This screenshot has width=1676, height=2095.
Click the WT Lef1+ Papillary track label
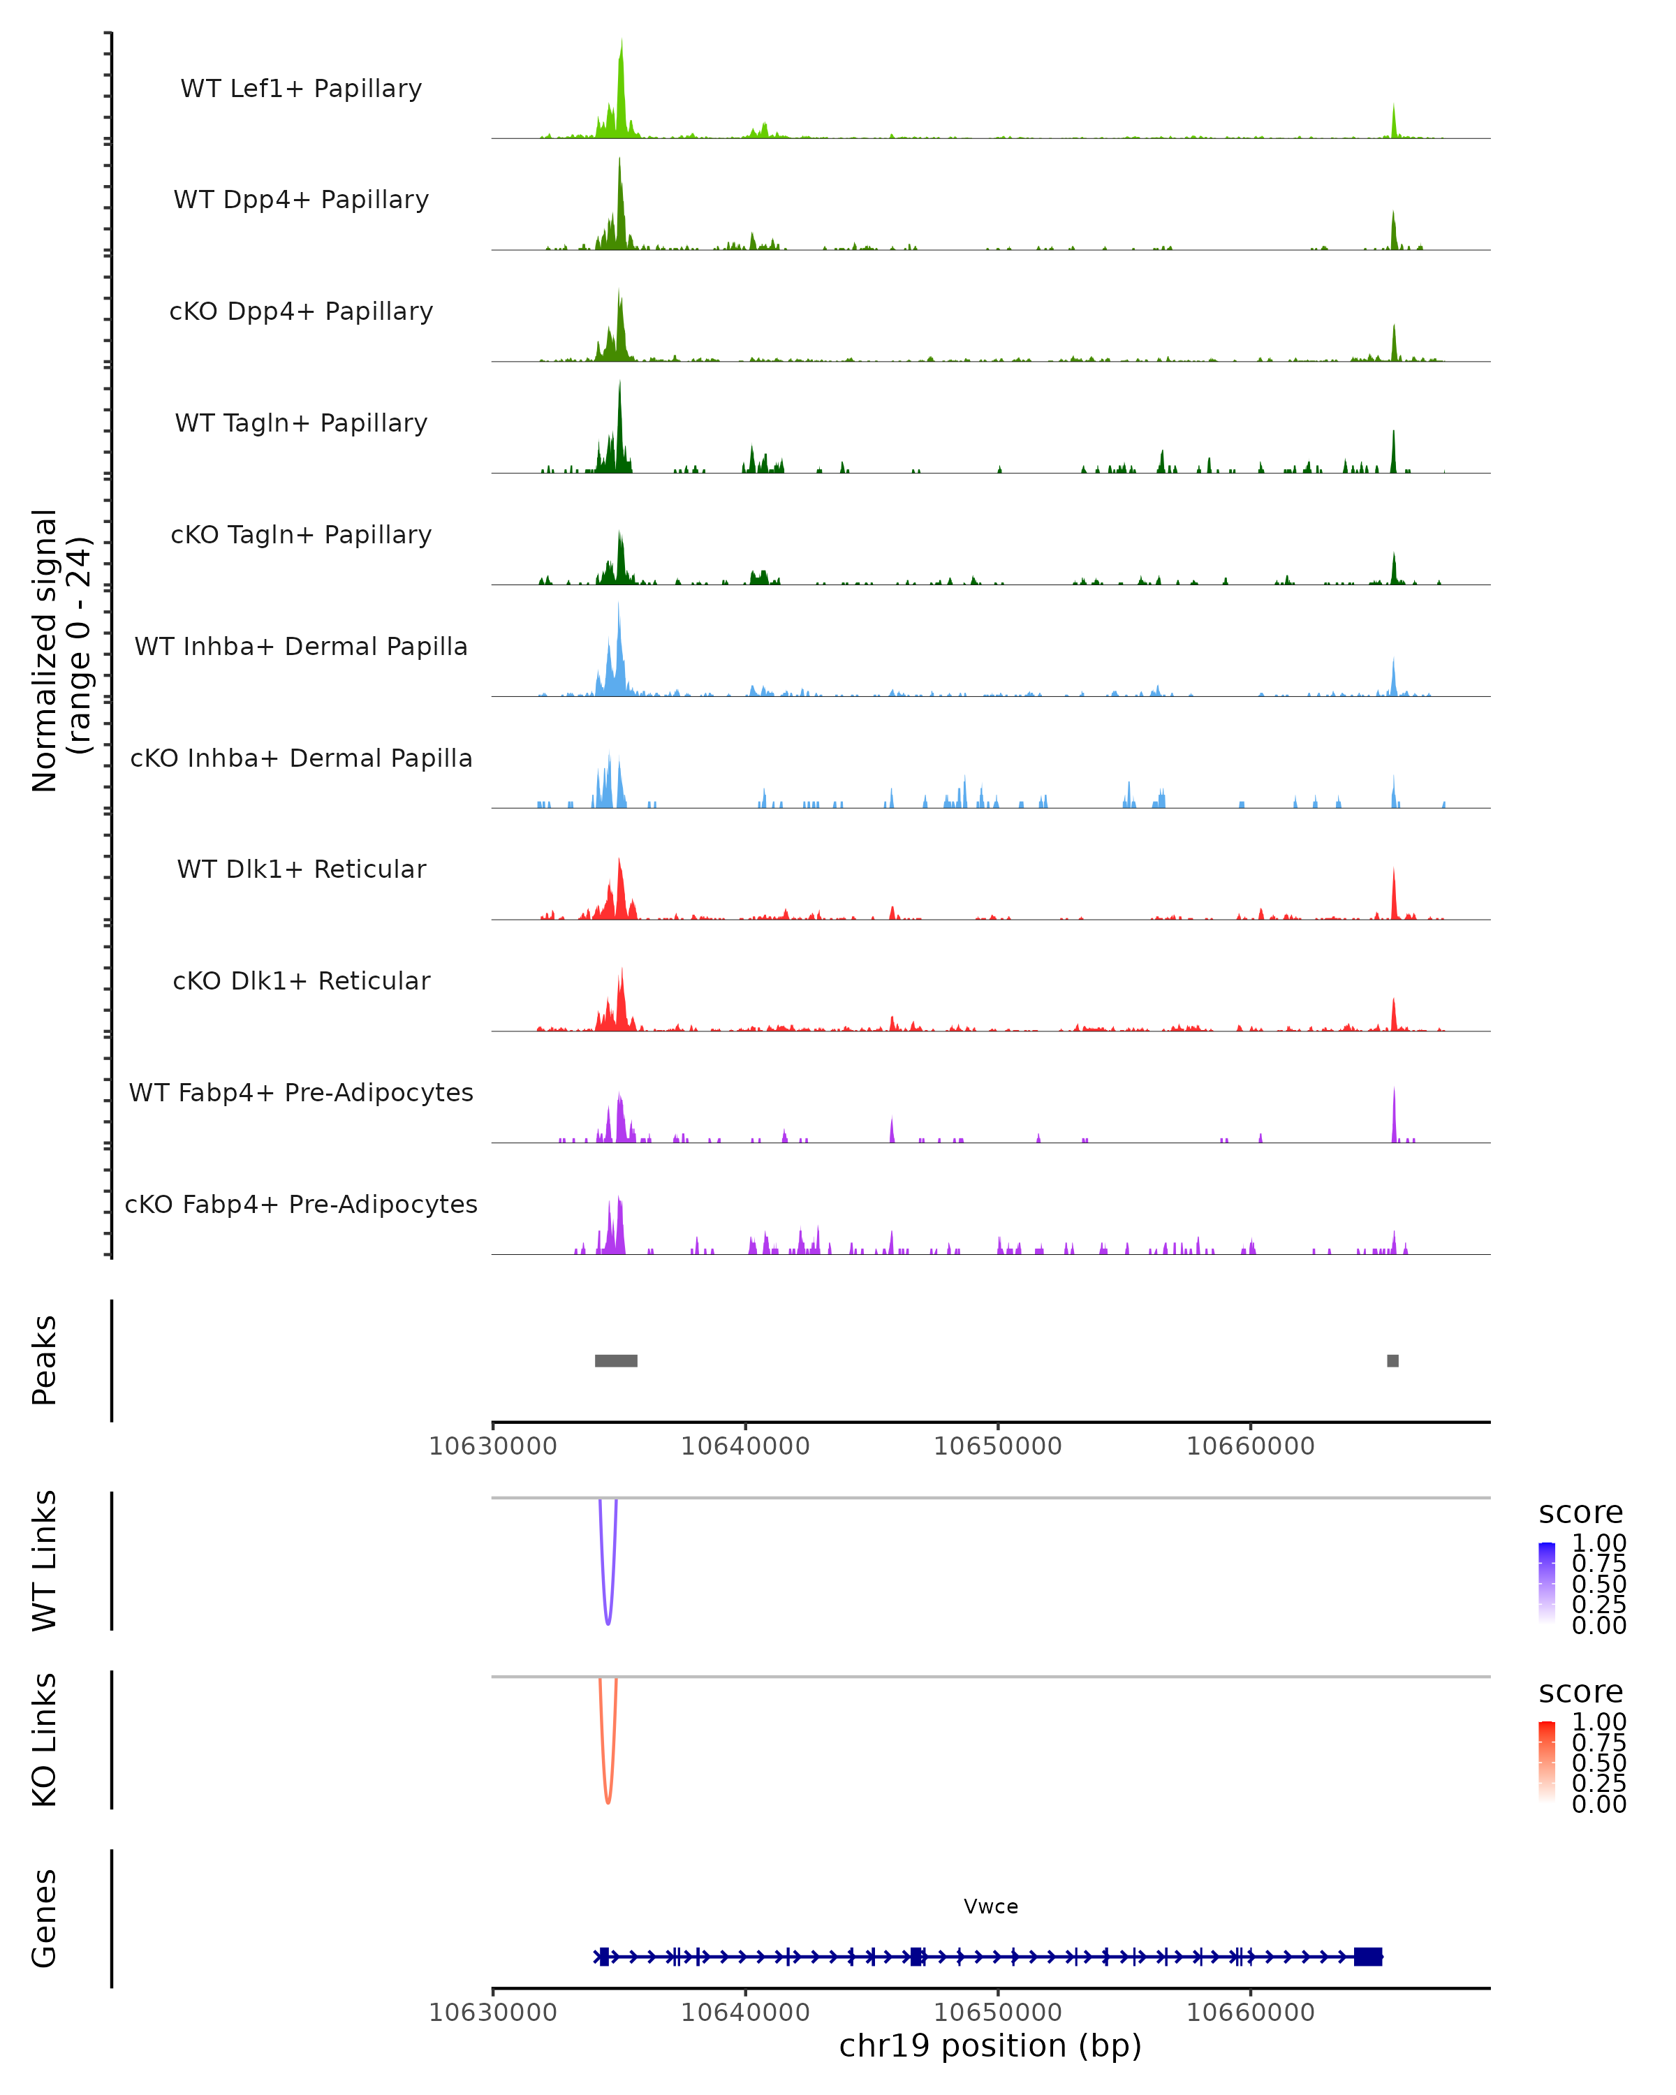coord(301,89)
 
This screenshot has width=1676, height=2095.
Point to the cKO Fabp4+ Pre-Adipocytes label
coord(301,1204)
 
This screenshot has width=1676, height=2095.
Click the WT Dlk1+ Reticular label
coord(301,869)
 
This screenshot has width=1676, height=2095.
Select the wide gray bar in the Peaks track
coord(616,1360)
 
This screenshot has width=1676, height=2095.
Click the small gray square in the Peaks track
coord(1392,1360)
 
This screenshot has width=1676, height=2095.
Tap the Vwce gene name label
coord(991,1906)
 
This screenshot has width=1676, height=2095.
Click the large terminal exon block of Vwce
coord(1368,1957)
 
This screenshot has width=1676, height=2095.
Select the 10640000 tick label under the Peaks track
coord(745,1446)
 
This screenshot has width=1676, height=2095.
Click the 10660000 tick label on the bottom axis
coord(1251,2013)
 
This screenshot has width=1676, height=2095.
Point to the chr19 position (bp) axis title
coord(990,2046)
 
